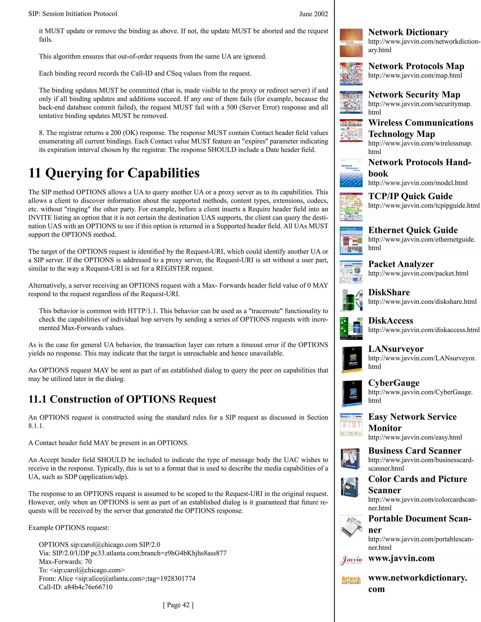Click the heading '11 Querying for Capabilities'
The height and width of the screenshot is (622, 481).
point(114,173)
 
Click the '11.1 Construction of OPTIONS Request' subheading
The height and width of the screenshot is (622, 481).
point(122,399)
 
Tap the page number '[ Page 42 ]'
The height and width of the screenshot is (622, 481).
point(178,605)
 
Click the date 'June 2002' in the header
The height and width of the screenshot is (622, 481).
point(314,14)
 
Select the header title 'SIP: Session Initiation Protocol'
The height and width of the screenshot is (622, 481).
point(73,14)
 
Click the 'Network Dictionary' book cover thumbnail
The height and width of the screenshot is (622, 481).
point(351,43)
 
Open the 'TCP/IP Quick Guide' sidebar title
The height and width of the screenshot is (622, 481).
point(410,196)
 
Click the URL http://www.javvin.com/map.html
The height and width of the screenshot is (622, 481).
point(415,76)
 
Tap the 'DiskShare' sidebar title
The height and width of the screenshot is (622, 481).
point(389,292)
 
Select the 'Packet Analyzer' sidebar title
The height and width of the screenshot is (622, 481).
point(401,264)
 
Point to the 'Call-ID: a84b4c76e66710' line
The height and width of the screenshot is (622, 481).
point(76,587)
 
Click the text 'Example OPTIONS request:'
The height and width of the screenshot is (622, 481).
point(68,528)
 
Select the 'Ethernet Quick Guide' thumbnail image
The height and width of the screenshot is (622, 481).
point(351,241)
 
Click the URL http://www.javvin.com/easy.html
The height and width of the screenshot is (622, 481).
point(415,437)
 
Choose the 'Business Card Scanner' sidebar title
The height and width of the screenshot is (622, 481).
point(415,451)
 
